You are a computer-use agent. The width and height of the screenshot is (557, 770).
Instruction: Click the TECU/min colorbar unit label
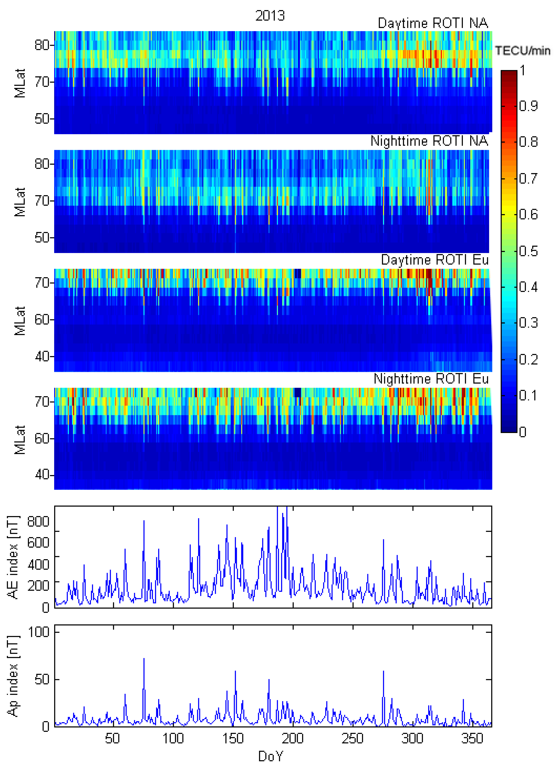pyautogui.click(x=522, y=51)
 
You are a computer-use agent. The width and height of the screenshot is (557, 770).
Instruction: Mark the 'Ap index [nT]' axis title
pyautogui.click(x=13, y=676)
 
